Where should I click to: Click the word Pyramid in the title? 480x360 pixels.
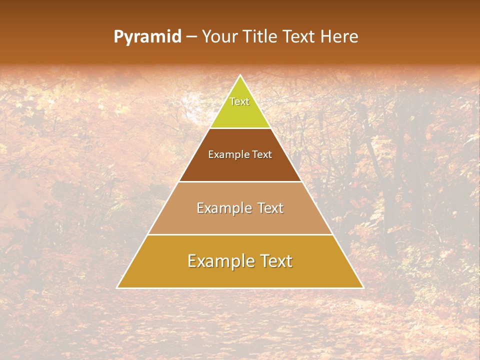point(147,37)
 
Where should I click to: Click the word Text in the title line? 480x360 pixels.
point(299,37)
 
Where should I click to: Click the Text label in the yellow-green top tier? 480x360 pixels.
point(239,101)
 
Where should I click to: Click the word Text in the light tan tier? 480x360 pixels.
point(270,208)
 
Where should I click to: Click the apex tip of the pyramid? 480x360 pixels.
point(240,75)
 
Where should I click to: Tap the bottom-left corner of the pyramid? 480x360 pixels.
point(117,288)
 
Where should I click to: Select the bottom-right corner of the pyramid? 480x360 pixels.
point(363,288)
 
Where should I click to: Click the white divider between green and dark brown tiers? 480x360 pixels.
point(240,128)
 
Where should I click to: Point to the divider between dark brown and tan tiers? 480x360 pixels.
point(240,181)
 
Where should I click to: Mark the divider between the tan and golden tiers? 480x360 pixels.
point(240,234)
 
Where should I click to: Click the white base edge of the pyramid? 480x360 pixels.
point(240,288)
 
